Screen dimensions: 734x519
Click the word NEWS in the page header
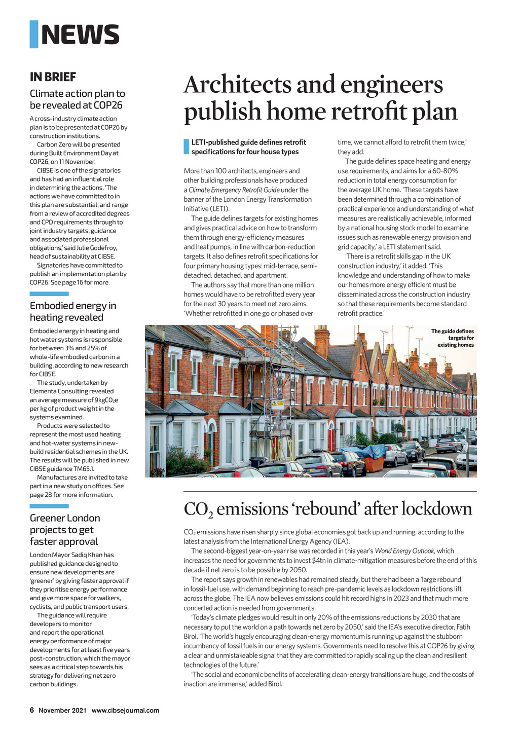click(x=80, y=34)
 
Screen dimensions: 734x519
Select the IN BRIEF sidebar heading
click(x=53, y=77)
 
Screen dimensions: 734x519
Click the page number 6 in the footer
click(x=31, y=710)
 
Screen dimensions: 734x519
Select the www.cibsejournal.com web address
click(x=125, y=710)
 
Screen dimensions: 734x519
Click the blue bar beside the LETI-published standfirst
click(x=186, y=146)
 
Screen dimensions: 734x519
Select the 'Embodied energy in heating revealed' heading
click(x=72, y=311)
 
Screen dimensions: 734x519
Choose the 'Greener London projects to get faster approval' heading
click(x=64, y=530)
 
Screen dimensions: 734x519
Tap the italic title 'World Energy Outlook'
click(x=404, y=551)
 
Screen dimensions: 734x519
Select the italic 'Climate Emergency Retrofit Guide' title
click(x=234, y=190)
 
